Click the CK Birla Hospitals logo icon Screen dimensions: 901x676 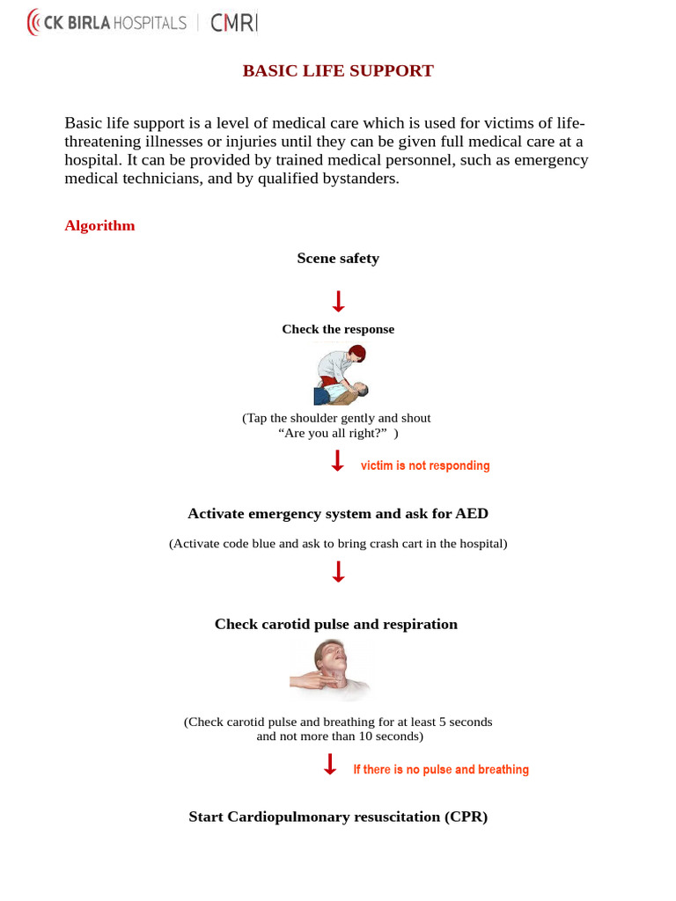tap(33, 22)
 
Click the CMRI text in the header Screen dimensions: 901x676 tap(234, 23)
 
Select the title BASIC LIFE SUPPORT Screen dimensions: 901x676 tap(338, 71)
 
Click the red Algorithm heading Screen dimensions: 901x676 tap(99, 225)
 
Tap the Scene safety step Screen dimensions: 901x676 tap(338, 259)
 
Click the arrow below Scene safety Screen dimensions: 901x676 tap(338, 302)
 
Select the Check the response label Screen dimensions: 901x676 tap(338, 329)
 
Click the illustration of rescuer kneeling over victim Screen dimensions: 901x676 tap(341, 375)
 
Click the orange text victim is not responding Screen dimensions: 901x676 tap(425, 465)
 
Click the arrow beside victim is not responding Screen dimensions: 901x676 tap(337, 460)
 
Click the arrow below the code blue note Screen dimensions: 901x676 tap(338, 573)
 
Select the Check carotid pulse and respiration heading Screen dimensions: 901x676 tap(336, 625)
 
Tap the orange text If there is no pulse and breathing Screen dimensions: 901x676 tap(441, 770)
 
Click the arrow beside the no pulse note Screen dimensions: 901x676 tap(330, 765)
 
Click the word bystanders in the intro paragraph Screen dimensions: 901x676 tap(359, 179)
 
